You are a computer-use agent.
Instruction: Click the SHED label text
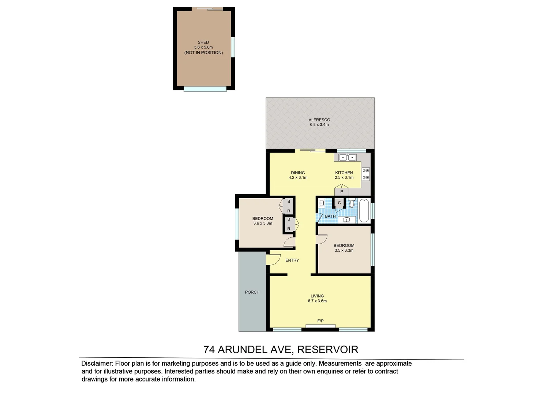(x=203, y=42)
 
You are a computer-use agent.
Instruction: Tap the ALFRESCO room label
(x=319, y=120)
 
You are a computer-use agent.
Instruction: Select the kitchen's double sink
(x=347, y=158)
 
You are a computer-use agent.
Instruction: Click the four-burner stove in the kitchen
(x=366, y=174)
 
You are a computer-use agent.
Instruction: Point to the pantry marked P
(x=342, y=191)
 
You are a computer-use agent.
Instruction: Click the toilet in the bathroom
(x=352, y=203)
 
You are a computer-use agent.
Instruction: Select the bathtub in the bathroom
(x=364, y=211)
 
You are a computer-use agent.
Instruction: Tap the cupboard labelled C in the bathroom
(x=339, y=203)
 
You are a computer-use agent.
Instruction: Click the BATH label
(x=330, y=216)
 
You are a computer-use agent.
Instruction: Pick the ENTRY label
(x=292, y=260)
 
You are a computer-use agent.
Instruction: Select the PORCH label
(x=252, y=292)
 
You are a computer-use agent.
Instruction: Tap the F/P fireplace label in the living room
(x=320, y=321)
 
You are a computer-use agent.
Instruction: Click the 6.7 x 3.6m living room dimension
(x=317, y=301)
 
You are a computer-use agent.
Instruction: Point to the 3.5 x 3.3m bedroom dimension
(x=344, y=251)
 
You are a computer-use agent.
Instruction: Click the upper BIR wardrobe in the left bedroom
(x=289, y=206)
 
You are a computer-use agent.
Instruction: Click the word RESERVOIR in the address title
(x=327, y=350)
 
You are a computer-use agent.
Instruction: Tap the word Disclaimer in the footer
(x=97, y=364)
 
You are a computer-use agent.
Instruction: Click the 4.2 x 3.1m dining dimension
(x=298, y=178)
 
